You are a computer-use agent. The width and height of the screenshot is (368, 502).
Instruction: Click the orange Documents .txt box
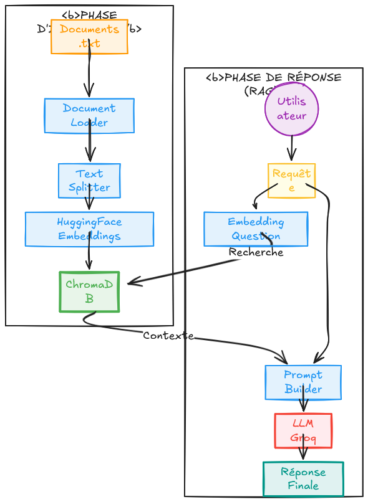point(89,37)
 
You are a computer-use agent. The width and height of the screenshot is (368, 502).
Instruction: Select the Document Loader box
point(89,115)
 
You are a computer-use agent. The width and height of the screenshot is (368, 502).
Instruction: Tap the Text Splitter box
point(89,181)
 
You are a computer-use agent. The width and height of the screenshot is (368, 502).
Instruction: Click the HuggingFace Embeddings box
point(89,229)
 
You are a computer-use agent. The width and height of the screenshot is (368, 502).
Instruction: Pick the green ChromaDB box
point(89,291)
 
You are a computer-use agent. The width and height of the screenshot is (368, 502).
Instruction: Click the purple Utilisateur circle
point(291,108)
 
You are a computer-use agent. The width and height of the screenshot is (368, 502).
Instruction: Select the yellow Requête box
point(291,181)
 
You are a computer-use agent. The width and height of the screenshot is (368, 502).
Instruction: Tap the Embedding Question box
point(256,229)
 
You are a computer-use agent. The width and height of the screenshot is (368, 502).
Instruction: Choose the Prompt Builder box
point(303,382)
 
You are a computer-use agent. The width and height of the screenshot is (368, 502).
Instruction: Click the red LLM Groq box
point(303,430)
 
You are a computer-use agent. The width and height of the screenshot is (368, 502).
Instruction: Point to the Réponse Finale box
point(303,479)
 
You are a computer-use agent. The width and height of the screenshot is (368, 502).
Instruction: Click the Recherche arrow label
point(256,252)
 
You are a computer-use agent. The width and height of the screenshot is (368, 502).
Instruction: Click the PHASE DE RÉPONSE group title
point(274,78)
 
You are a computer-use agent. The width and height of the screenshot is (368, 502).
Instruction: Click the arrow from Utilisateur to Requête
point(291,149)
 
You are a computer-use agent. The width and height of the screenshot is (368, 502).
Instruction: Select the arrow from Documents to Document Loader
point(90,75)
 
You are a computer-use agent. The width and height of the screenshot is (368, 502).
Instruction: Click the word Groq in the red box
point(303,438)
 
